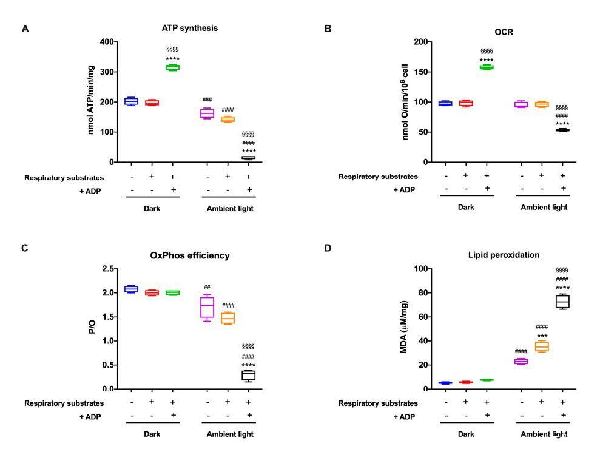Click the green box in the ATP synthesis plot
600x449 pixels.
[x=173, y=67]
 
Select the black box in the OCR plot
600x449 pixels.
[x=562, y=130]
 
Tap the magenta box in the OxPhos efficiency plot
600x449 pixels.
[x=207, y=306]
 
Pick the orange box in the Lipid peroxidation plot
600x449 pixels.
[x=541, y=346]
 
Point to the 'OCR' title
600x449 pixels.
[x=504, y=32]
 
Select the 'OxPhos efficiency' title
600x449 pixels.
[x=190, y=255]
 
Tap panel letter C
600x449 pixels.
[x=25, y=248]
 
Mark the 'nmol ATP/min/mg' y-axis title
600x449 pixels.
[x=91, y=101]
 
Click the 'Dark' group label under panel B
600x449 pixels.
[x=466, y=207]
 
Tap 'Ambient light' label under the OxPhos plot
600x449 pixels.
[x=230, y=434]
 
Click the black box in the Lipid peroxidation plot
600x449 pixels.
[x=562, y=302]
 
